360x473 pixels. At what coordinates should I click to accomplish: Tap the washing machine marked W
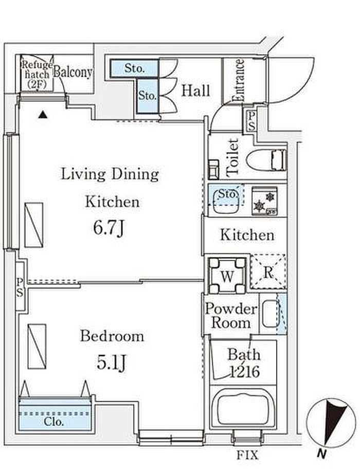(227, 275)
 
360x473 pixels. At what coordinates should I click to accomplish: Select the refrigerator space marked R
(268, 272)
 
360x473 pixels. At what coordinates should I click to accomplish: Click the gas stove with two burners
(265, 201)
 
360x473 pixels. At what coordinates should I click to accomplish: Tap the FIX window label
(247, 455)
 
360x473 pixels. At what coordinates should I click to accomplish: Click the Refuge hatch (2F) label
(37, 75)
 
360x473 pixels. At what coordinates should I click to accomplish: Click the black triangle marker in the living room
(43, 115)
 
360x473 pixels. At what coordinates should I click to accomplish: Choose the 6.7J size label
(109, 228)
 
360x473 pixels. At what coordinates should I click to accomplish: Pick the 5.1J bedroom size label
(112, 362)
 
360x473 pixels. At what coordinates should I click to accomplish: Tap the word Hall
(195, 91)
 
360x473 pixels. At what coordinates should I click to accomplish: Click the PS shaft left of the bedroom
(20, 287)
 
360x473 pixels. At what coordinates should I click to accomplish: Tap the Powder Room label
(231, 316)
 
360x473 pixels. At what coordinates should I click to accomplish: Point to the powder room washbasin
(270, 314)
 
